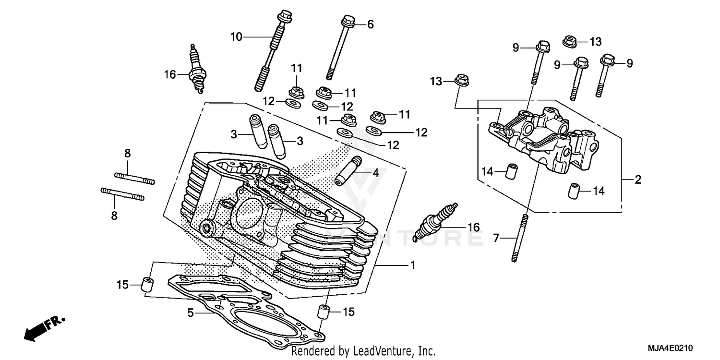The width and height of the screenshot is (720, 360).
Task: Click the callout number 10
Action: click(236, 36)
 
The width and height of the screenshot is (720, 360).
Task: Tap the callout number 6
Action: click(370, 24)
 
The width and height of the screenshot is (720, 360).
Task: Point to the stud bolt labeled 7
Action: click(521, 239)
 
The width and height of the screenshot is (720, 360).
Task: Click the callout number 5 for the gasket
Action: click(191, 313)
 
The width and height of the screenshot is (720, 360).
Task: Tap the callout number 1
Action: click(412, 265)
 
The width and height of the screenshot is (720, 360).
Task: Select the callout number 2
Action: click(638, 180)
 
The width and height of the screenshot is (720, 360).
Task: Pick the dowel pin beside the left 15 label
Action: click(147, 284)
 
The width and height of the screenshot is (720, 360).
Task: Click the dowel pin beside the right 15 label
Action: click(325, 312)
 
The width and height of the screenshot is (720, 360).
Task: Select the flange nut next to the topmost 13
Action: click(570, 41)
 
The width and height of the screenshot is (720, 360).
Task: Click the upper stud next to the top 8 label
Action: click(135, 178)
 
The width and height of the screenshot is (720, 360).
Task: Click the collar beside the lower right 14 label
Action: click(574, 190)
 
